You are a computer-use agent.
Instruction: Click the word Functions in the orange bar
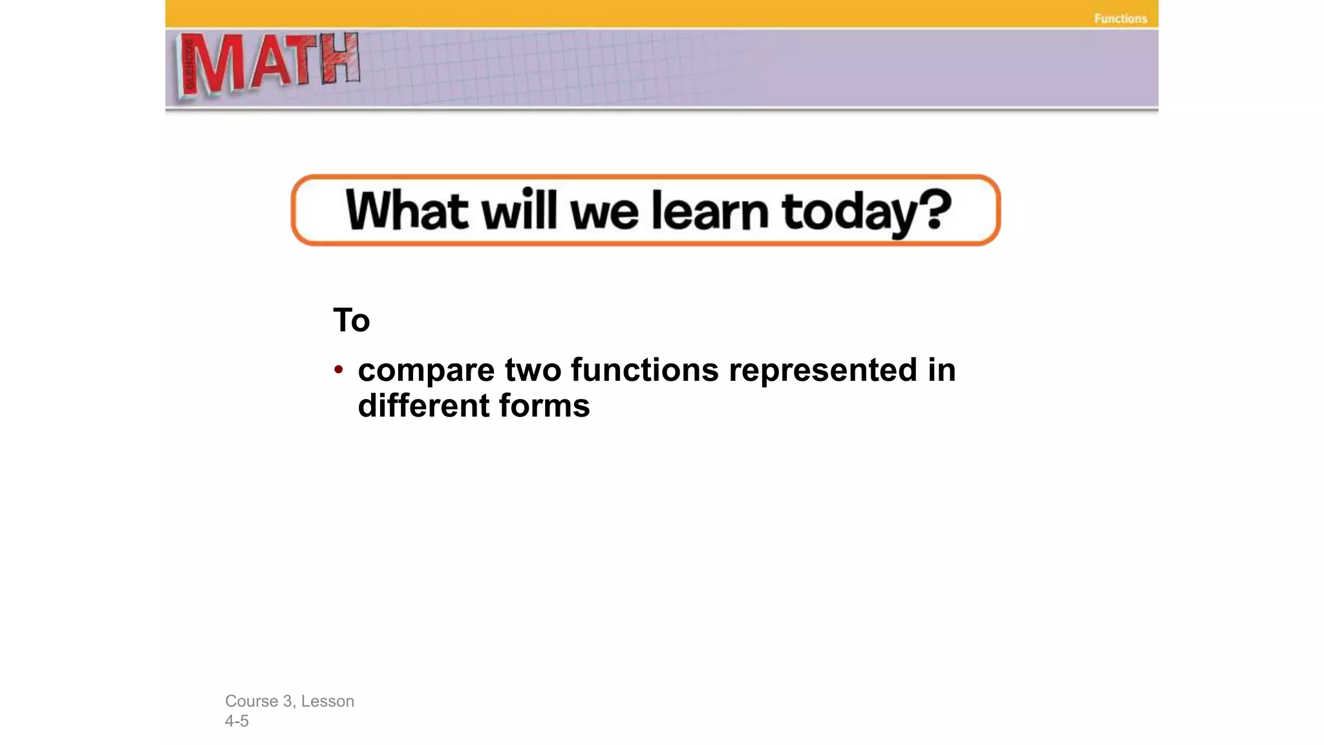[x=1120, y=19]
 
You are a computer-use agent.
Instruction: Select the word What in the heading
[x=407, y=210]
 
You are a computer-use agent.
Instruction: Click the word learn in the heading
[x=709, y=210]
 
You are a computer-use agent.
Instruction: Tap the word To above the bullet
[x=351, y=320]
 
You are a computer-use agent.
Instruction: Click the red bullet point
[x=338, y=369]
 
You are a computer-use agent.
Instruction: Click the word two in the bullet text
[x=532, y=370]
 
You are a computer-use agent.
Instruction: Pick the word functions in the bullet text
[x=644, y=370]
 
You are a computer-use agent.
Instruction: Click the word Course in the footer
[x=251, y=701]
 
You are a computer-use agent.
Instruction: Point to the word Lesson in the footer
[x=327, y=701]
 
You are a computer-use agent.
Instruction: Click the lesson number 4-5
[x=237, y=721]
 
